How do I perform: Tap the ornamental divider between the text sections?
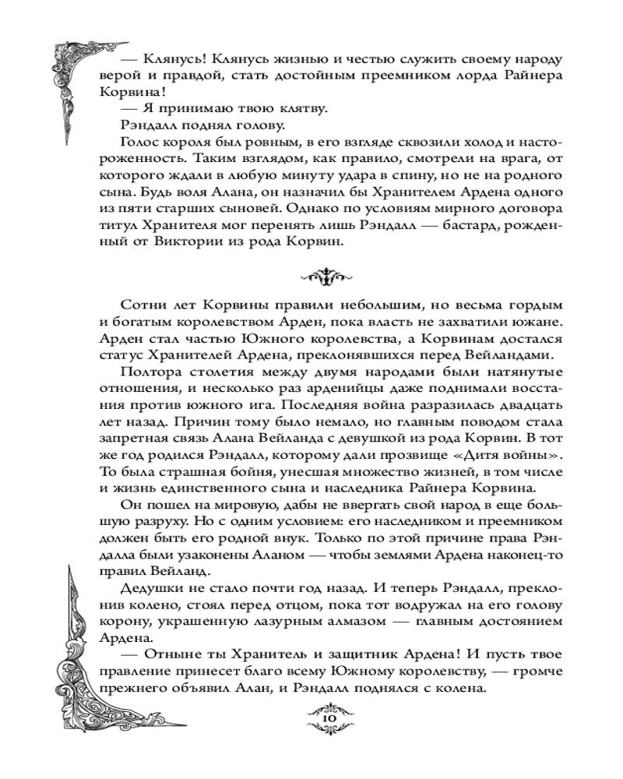click(322, 274)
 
